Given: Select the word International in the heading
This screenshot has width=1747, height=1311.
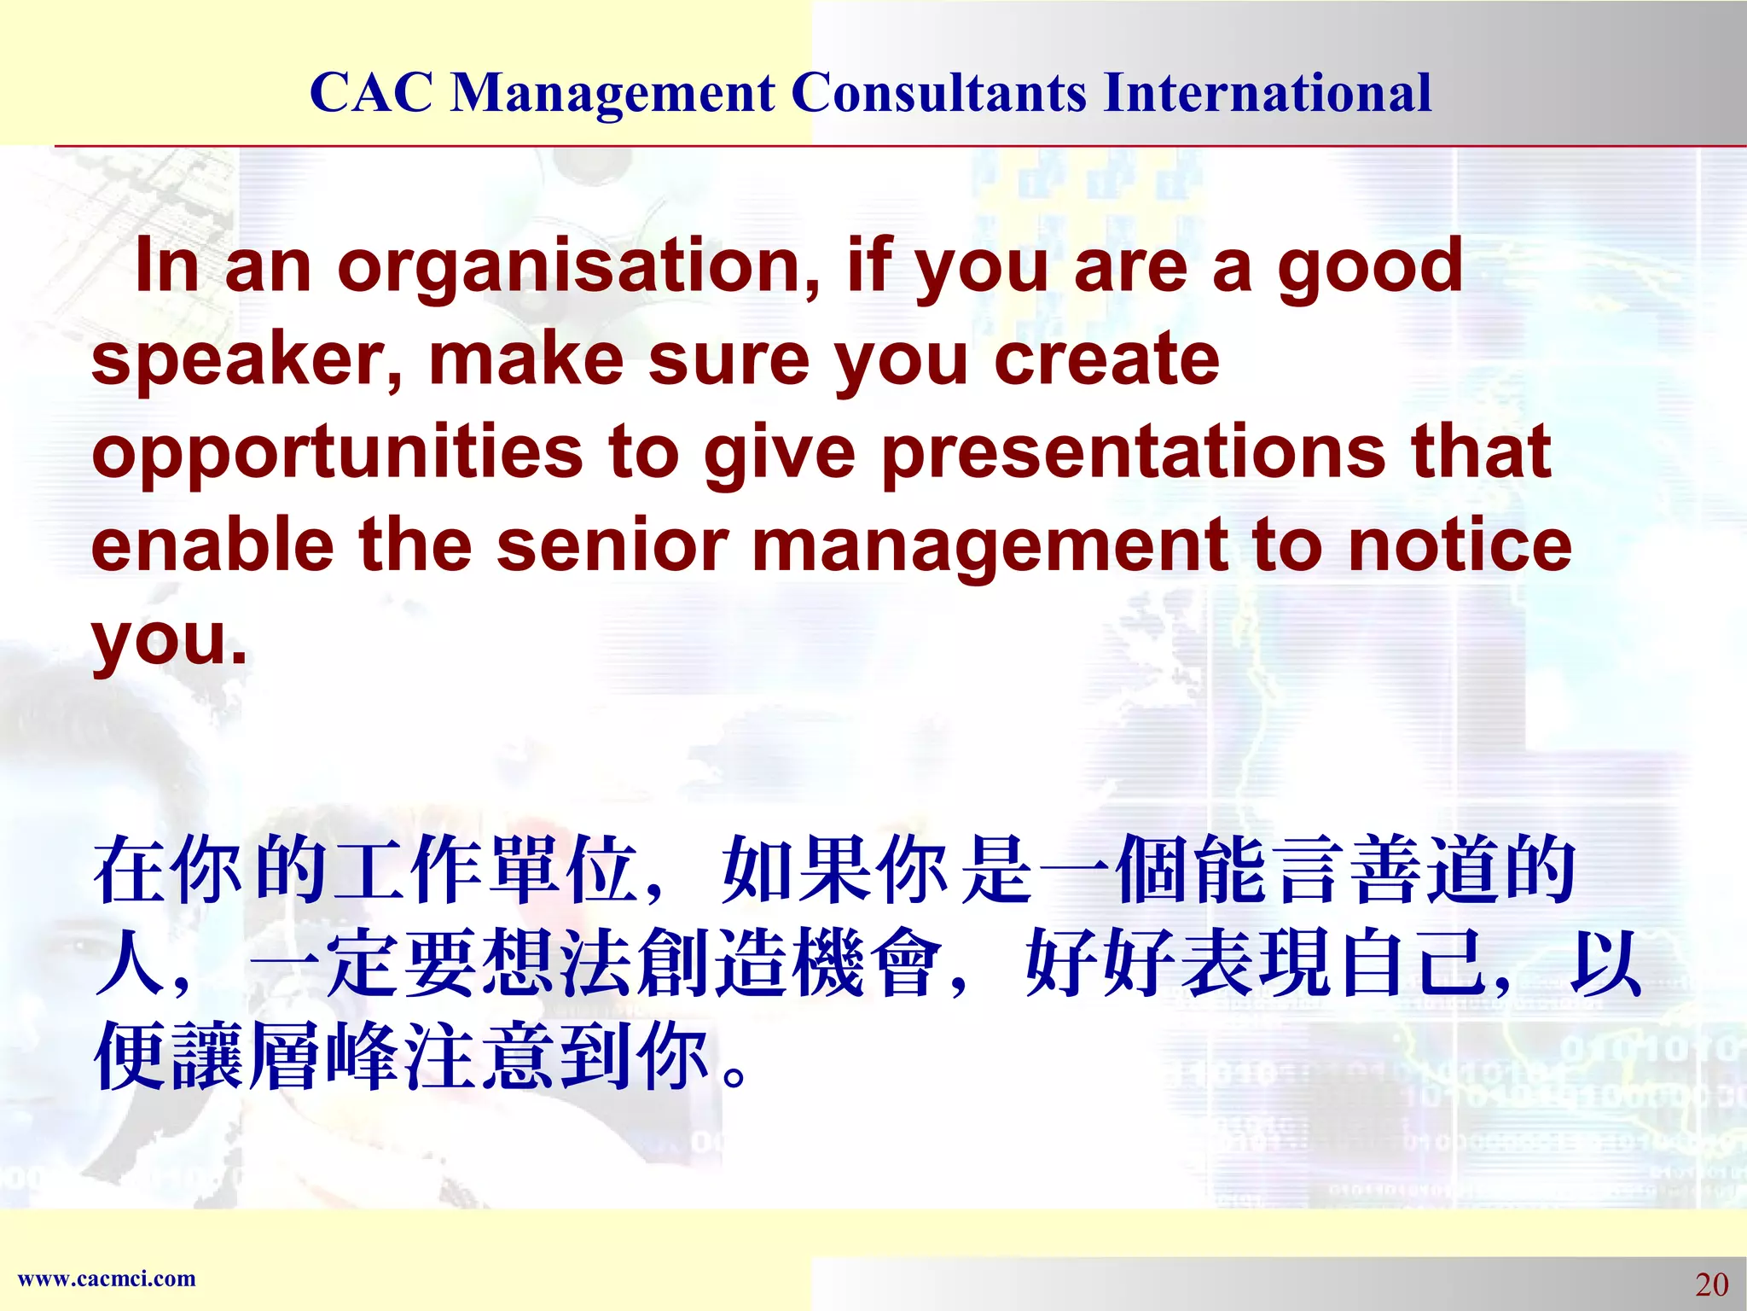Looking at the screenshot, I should (x=1267, y=92).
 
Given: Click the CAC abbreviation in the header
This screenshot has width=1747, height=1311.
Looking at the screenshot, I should (x=371, y=92).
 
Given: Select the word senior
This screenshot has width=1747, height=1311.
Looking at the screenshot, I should (x=612, y=546).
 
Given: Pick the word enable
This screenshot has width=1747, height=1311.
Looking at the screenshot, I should (x=212, y=546).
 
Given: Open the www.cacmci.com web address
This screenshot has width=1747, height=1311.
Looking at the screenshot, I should (x=107, y=1279).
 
